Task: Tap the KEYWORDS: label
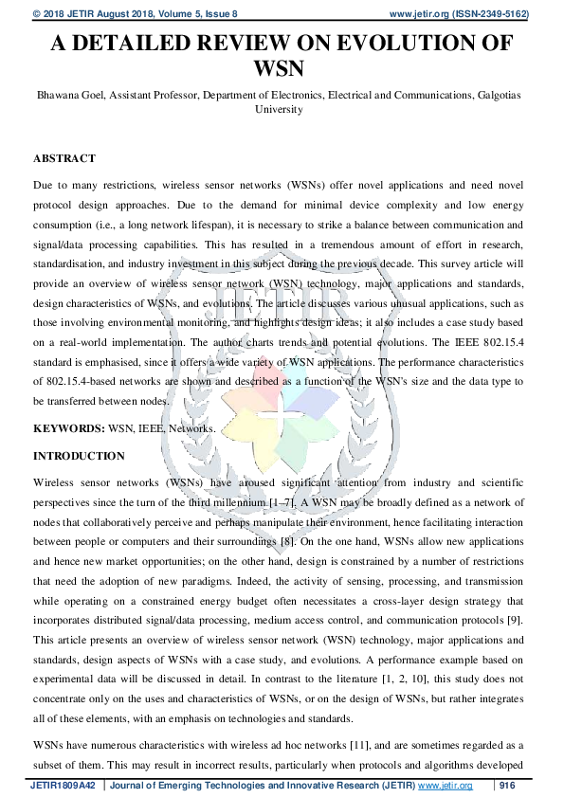tap(67, 429)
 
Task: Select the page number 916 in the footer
tap(508, 787)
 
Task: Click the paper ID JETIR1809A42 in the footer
tap(63, 787)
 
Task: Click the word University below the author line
tap(282, 109)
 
